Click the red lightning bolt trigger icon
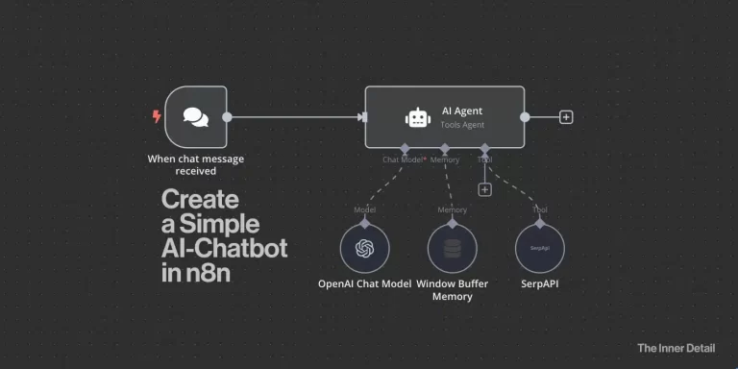157,117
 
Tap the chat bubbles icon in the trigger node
195,117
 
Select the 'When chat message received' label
195,165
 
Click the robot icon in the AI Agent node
417,117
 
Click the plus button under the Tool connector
484,189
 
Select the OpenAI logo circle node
364,249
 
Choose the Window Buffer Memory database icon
452,249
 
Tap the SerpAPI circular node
539,249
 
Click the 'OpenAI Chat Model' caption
364,284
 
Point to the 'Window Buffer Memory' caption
452,290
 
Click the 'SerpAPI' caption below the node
539,284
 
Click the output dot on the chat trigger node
228,117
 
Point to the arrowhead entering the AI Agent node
361,117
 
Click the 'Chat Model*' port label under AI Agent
405,160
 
